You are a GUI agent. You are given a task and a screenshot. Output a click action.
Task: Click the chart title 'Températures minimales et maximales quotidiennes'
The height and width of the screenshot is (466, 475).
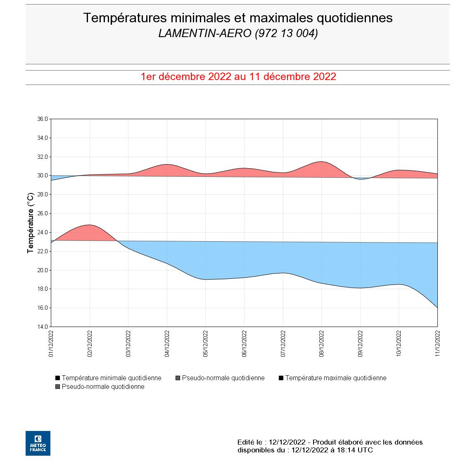[237, 18]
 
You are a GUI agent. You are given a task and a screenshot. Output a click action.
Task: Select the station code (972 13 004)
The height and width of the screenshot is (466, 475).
[286, 33]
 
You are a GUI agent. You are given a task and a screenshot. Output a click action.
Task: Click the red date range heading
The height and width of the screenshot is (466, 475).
[238, 77]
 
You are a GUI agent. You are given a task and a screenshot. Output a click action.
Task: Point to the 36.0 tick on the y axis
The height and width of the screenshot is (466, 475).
[43, 119]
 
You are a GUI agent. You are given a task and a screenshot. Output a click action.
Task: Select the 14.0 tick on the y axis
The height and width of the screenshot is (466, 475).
[43, 327]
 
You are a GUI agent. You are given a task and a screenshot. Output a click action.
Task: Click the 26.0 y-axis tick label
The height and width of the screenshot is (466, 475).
[43, 214]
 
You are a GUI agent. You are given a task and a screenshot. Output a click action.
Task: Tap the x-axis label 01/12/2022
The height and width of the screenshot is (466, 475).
[51, 343]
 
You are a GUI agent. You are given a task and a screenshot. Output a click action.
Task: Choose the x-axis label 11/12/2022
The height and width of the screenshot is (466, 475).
[437, 343]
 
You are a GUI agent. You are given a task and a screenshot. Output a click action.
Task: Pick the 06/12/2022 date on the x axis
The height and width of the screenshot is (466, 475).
[244, 343]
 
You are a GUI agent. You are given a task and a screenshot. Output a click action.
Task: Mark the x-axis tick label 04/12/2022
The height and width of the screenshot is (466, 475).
[167, 343]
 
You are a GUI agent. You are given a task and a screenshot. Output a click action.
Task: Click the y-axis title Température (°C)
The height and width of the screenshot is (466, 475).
[31, 223]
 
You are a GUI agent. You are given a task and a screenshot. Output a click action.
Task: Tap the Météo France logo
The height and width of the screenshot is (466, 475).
[38, 443]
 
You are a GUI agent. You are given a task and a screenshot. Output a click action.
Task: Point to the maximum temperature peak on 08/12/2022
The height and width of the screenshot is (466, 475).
[321, 162]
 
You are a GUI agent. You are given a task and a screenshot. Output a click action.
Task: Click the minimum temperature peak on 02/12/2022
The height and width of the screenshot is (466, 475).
[90, 225]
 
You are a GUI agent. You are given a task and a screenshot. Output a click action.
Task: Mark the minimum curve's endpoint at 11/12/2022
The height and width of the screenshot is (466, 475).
[437, 308]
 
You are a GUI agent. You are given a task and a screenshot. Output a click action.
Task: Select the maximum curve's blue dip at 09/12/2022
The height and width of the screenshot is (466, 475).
[360, 179]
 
